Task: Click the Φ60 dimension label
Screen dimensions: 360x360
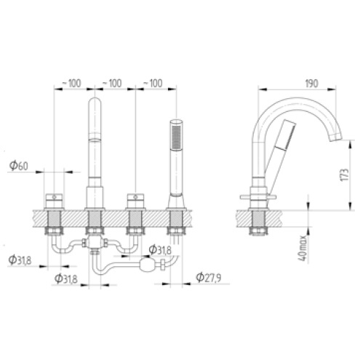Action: [x=20, y=165]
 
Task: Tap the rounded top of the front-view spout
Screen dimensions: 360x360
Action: [x=95, y=103]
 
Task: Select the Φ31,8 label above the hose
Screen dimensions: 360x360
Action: [x=160, y=250]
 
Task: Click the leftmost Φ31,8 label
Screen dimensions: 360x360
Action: [x=20, y=260]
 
